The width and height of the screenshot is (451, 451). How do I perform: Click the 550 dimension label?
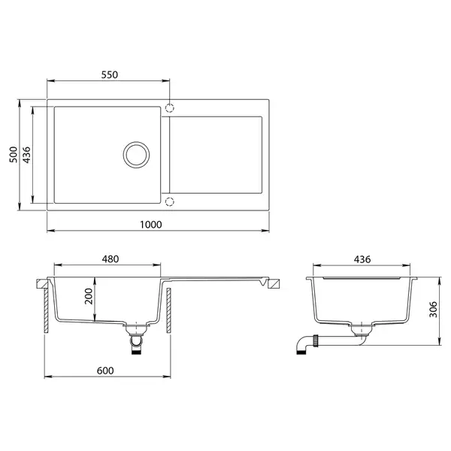click(110, 74)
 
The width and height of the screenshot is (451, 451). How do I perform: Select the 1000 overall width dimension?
click(151, 224)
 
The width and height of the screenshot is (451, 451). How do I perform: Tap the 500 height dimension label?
click(14, 155)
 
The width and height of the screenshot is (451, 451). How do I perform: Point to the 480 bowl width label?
click(110, 259)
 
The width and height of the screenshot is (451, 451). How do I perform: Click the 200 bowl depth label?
click(89, 296)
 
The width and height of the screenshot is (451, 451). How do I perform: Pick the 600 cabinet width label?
click(105, 371)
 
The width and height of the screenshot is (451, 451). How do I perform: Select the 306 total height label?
click(433, 310)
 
